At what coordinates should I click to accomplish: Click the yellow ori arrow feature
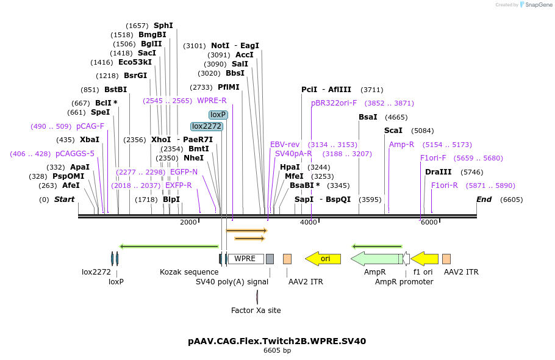323,259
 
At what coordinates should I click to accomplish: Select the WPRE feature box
245,259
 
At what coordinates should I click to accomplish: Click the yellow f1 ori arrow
424,259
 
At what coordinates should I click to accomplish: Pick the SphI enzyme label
163,26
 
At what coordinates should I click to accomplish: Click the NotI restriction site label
220,46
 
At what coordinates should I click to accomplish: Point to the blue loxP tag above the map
218,115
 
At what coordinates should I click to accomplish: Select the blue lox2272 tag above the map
207,126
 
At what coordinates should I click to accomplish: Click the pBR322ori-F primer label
334,103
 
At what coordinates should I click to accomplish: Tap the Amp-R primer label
401,145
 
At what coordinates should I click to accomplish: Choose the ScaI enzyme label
393,131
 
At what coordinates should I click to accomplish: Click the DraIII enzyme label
438,172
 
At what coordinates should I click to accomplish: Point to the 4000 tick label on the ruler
309,222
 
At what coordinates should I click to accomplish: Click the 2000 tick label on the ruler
188,222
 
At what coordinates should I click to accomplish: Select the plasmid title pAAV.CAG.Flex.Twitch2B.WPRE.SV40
277,341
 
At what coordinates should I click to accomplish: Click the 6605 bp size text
277,351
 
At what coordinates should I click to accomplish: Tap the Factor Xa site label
256,311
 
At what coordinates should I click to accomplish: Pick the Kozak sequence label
189,272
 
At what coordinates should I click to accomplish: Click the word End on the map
484,200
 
